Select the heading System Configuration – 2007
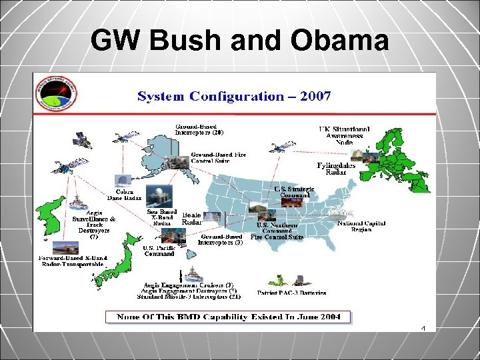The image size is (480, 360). click(234, 97)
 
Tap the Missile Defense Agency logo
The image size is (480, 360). click(57, 97)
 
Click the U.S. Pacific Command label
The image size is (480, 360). click(159, 251)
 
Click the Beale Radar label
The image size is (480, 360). click(191, 219)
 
